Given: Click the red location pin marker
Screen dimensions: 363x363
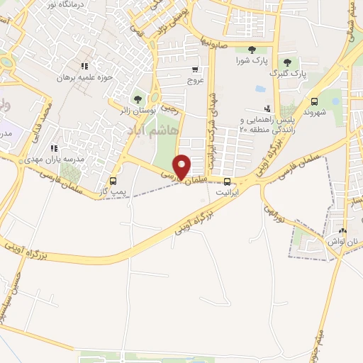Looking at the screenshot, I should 182,167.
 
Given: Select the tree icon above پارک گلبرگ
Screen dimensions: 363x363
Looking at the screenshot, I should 287,62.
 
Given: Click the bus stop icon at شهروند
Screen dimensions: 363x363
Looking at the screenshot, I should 314,101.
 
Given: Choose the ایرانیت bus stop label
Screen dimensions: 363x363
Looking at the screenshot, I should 228,192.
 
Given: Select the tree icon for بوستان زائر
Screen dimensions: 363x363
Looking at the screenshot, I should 138,99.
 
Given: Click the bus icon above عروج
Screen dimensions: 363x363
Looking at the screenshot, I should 194,69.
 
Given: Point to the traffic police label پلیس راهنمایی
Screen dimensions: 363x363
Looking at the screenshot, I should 266,121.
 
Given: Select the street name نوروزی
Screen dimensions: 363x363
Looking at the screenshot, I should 274,212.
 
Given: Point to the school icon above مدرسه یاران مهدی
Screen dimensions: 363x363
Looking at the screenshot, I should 54,148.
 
